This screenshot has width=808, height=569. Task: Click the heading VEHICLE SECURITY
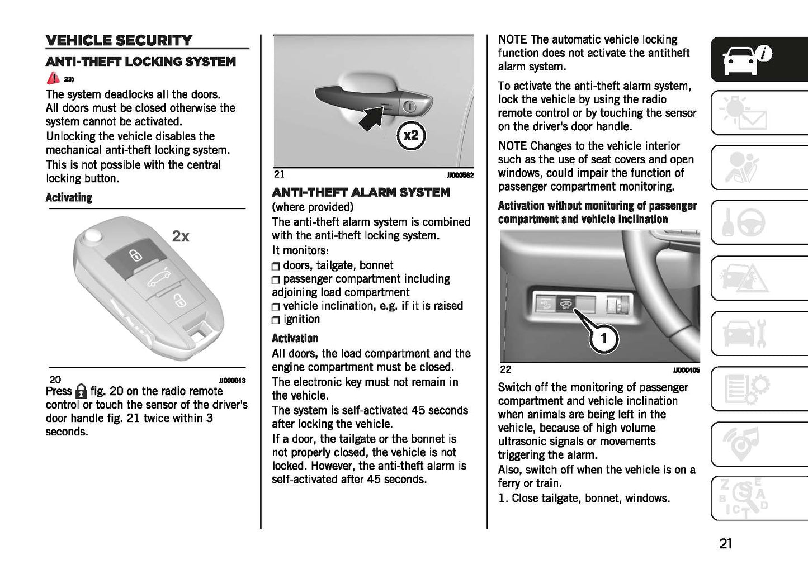pyautogui.click(x=119, y=40)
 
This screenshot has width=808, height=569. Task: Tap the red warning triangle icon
pyautogui.click(x=53, y=78)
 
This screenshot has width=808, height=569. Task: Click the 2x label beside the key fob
pyautogui.click(x=181, y=236)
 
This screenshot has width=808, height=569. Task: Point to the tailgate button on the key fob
pyautogui.click(x=158, y=278)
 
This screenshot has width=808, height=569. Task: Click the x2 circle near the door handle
pyautogui.click(x=411, y=135)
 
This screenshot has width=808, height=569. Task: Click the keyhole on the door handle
pyautogui.click(x=410, y=106)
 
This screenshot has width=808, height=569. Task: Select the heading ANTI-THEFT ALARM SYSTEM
pyautogui.click(x=361, y=192)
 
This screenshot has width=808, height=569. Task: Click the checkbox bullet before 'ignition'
pyautogui.click(x=276, y=320)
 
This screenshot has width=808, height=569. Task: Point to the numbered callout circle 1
pyautogui.click(x=603, y=338)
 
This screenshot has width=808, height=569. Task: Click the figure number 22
pyautogui.click(x=505, y=369)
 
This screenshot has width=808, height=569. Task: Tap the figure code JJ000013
pyautogui.click(x=232, y=381)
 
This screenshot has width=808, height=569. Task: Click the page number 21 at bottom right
pyautogui.click(x=725, y=543)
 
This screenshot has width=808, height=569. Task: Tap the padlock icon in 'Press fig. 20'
pyautogui.click(x=81, y=391)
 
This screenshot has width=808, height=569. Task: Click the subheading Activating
pyautogui.click(x=69, y=198)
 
